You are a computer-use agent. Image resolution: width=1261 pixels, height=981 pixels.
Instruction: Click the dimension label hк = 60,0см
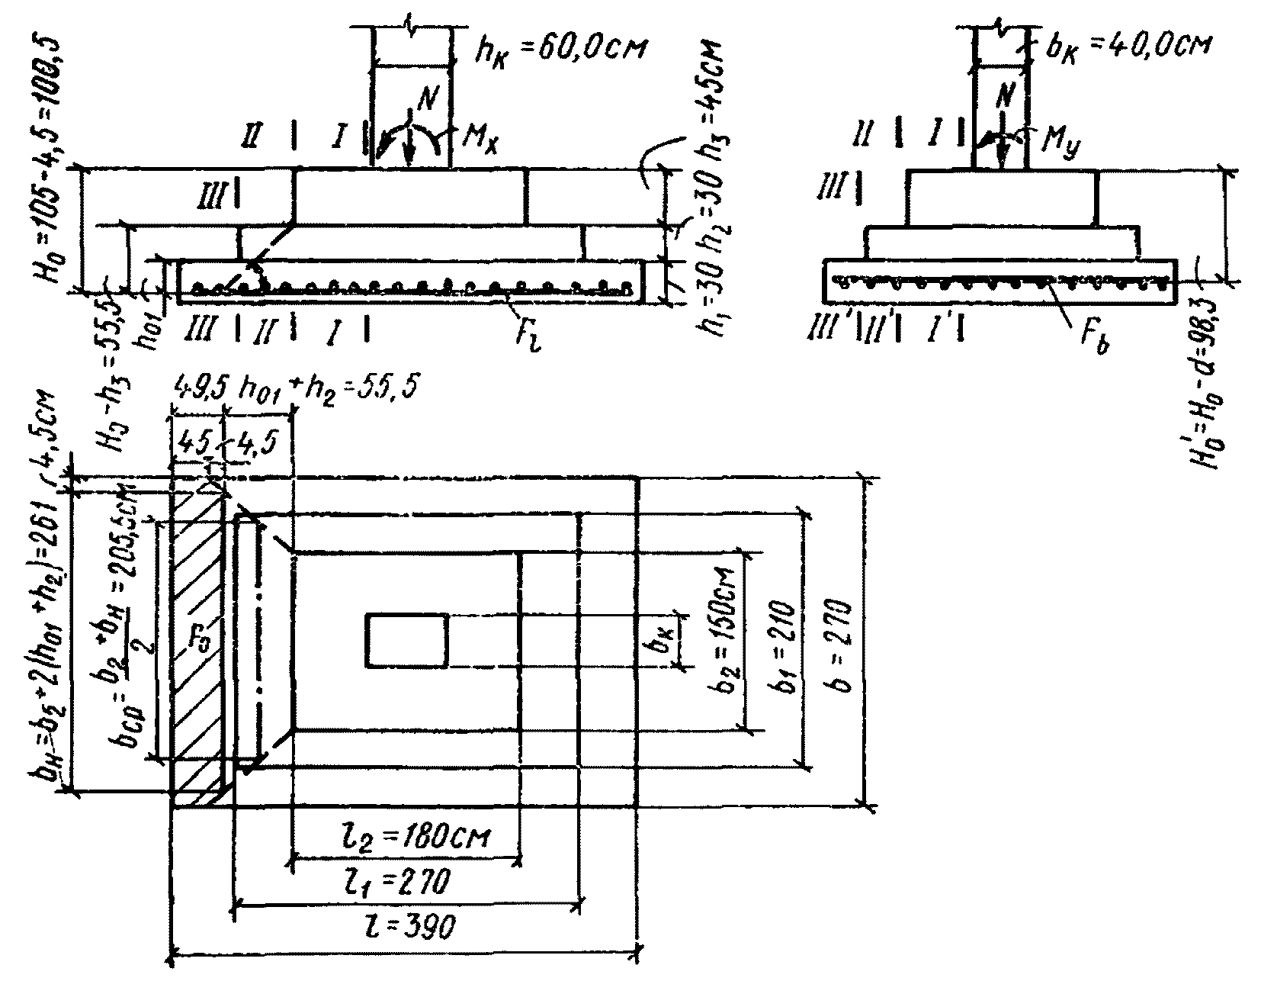tap(559, 50)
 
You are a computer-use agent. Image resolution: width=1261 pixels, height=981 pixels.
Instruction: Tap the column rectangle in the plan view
tap(406, 639)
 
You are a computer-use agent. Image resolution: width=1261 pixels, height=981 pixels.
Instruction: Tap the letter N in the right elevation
tap(1006, 98)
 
